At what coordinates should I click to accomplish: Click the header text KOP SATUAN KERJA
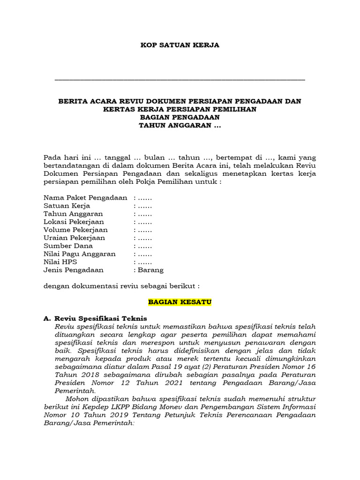click(x=180, y=45)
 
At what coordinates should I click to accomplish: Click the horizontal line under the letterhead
click(x=180, y=80)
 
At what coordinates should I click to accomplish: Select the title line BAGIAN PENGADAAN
click(x=180, y=118)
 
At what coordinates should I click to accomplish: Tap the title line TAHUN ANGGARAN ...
click(x=180, y=126)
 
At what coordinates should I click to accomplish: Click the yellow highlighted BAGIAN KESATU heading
click(x=180, y=302)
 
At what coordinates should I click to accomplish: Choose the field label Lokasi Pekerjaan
click(x=74, y=222)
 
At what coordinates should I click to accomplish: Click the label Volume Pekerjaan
click(x=75, y=230)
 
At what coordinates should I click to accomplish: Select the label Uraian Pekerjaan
click(x=74, y=238)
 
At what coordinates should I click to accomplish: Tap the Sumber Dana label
click(x=68, y=246)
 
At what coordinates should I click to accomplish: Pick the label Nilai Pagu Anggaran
click(x=79, y=254)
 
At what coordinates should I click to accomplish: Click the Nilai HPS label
click(x=60, y=262)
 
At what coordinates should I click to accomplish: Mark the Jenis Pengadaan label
click(x=74, y=270)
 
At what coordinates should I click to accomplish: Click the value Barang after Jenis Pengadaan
click(x=150, y=270)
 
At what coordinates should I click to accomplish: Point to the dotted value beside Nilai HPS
click(x=143, y=262)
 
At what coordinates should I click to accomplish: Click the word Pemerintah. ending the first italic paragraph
click(x=75, y=390)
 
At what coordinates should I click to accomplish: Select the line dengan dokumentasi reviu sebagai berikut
click(x=121, y=286)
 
